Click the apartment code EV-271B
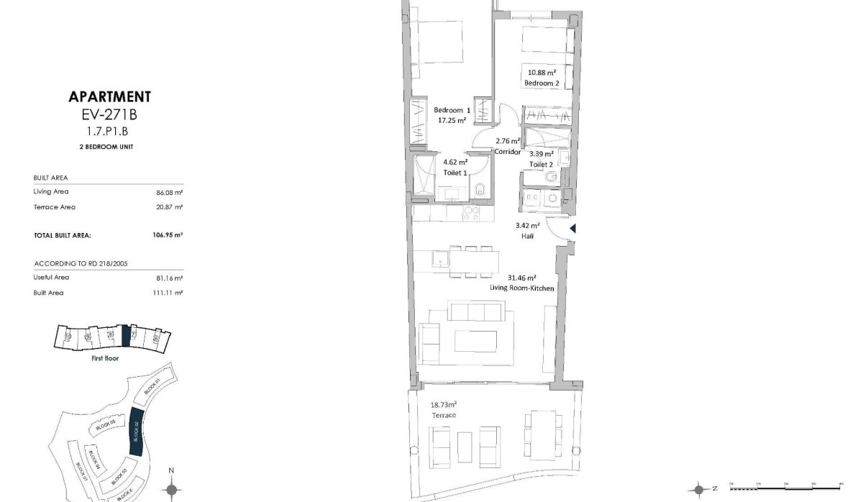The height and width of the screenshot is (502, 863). (109, 114)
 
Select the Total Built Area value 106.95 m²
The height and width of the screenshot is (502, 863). (169, 234)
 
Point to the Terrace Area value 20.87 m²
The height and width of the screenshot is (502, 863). (172, 207)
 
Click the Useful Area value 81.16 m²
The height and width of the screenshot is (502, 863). (172, 278)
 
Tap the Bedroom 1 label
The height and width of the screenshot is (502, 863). (452, 110)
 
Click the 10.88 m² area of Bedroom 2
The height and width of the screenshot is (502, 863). (542, 73)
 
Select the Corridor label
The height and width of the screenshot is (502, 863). (508, 152)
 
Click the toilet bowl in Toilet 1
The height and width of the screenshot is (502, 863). (481, 191)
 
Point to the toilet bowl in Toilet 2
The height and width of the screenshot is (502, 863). (549, 177)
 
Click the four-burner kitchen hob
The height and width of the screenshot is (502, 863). (471, 212)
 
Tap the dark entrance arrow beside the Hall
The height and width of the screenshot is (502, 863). (573, 229)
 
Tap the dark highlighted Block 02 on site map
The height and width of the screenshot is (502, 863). (134, 431)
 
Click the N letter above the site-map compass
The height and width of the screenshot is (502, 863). (172, 470)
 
